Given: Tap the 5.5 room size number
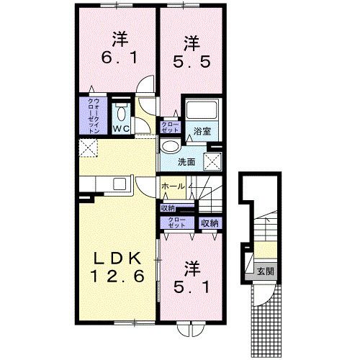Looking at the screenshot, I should tap(191, 63).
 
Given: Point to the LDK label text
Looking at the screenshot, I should tap(113, 258).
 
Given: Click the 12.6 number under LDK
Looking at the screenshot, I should tap(113, 276).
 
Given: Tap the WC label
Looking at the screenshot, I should tap(122, 129).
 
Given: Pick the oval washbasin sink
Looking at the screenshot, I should tap(171, 147).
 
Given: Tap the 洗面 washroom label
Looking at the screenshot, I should tap(186, 162).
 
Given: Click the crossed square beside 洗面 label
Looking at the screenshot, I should tap(213, 161).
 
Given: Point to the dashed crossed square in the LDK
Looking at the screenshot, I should tap(89, 150).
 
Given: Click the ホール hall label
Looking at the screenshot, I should tap(173, 186).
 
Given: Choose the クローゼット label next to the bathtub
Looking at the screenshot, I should tap(171, 127).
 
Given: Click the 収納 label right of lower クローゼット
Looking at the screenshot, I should tap(210, 224).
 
